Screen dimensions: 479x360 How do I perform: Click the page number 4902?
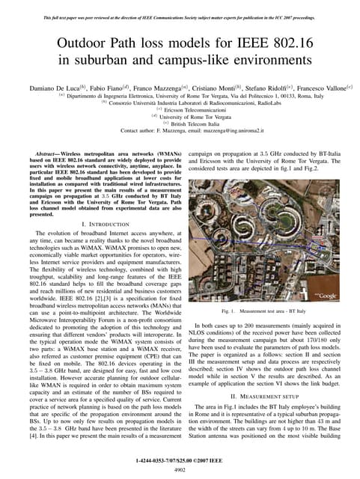click(180, 469)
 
